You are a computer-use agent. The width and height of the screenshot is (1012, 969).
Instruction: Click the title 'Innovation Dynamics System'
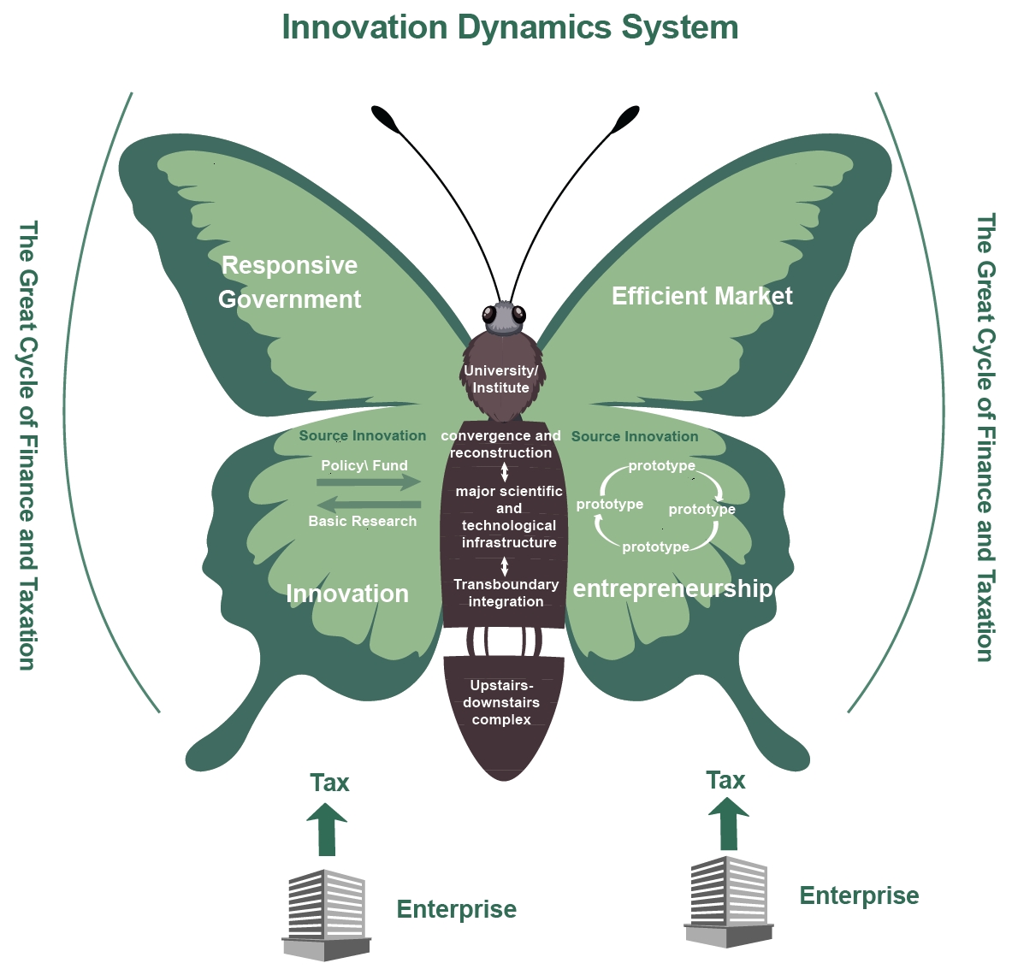(x=510, y=27)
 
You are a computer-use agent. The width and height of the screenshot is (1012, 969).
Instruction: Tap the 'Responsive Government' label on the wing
(x=290, y=282)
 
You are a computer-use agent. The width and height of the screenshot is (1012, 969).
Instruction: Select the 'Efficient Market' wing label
(x=701, y=296)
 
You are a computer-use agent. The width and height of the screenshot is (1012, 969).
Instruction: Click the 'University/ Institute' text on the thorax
(x=501, y=379)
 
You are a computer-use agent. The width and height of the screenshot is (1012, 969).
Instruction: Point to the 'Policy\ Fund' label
(x=364, y=465)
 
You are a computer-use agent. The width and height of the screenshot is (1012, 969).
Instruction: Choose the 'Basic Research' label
(x=363, y=521)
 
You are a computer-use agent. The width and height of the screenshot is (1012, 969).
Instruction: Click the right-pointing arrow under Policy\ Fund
(x=369, y=483)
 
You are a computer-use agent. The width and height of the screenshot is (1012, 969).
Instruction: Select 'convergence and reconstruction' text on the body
(x=501, y=444)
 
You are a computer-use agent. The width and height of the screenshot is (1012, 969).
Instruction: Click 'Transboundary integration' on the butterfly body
(x=506, y=593)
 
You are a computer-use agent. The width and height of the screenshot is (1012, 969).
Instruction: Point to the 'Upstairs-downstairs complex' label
(x=502, y=702)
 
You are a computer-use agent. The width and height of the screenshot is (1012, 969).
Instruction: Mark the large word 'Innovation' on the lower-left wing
(x=347, y=594)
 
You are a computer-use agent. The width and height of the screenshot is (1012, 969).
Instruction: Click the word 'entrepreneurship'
(x=672, y=588)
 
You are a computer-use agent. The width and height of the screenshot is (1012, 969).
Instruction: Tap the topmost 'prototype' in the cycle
(x=661, y=466)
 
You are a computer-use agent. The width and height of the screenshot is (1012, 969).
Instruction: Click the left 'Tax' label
(x=329, y=783)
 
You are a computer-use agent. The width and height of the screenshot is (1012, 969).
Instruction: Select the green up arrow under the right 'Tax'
(x=728, y=823)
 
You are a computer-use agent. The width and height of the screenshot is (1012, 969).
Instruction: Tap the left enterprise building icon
(x=326, y=915)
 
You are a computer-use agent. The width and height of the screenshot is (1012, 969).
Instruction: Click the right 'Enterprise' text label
(x=859, y=895)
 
